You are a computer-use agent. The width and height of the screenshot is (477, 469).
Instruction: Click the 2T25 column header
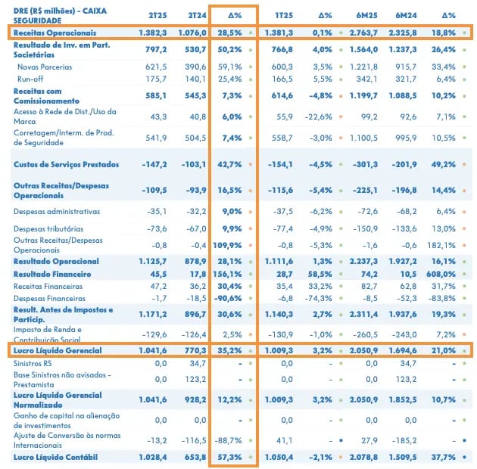click(157, 15)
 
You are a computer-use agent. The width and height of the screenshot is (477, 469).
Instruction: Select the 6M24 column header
click(406, 15)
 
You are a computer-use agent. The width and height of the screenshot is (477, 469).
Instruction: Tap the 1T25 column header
click(284, 15)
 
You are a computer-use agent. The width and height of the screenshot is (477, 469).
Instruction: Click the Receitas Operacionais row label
click(55, 33)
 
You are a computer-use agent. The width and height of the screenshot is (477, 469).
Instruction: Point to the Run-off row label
click(30, 79)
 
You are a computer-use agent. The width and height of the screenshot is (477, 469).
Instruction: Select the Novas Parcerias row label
click(45, 67)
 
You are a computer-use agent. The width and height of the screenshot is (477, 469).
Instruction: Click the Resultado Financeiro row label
click(52, 274)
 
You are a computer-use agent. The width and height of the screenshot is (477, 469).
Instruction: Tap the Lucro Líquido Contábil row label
click(56, 457)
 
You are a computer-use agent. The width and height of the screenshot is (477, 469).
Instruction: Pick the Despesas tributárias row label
click(48, 228)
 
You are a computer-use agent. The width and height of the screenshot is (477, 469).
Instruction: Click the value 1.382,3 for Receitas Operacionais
click(153, 33)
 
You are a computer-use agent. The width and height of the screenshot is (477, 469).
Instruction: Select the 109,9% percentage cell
click(227, 245)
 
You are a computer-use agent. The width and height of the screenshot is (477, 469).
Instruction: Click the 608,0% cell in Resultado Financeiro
click(441, 274)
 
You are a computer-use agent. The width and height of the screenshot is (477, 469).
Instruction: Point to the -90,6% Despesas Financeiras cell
click(228, 299)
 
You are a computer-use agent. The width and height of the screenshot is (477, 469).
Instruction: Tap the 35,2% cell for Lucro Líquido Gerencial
click(229, 350)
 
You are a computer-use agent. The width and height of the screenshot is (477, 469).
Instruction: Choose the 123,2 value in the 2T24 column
click(198, 379)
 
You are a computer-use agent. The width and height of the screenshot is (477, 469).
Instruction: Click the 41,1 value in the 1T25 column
click(285, 440)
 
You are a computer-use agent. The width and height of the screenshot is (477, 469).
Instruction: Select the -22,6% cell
click(319, 116)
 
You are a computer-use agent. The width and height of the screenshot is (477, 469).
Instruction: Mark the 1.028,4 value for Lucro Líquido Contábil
click(153, 457)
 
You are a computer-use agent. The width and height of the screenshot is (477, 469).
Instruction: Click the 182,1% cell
click(441, 245)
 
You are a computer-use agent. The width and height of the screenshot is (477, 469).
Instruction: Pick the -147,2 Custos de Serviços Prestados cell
click(154, 164)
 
